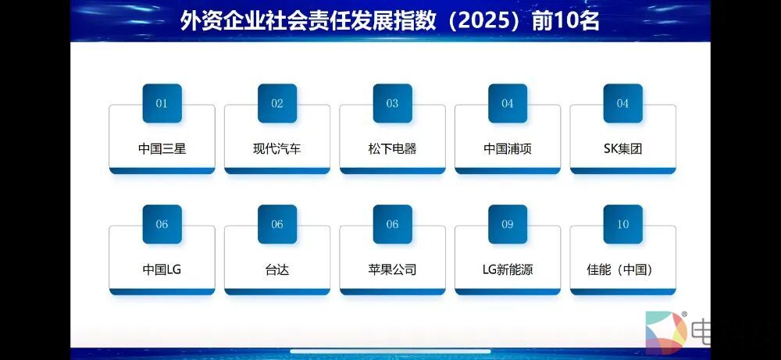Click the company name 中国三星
click(x=162, y=149)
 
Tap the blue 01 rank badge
click(x=162, y=103)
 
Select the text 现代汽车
click(x=277, y=149)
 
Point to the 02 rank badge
click(x=277, y=103)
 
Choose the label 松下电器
click(x=393, y=149)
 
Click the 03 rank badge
click(x=393, y=103)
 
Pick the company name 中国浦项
click(x=508, y=149)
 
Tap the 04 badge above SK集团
click(x=623, y=103)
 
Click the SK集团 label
click(x=622, y=149)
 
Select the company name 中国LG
click(x=162, y=270)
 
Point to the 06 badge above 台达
click(x=277, y=224)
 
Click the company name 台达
click(x=277, y=270)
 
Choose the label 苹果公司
click(x=393, y=270)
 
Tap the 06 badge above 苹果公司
click(x=393, y=224)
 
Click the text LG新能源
click(x=508, y=270)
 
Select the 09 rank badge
click(x=508, y=224)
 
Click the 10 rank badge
click(x=623, y=224)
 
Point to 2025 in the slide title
click(x=487, y=22)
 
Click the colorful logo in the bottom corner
click(x=666, y=333)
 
